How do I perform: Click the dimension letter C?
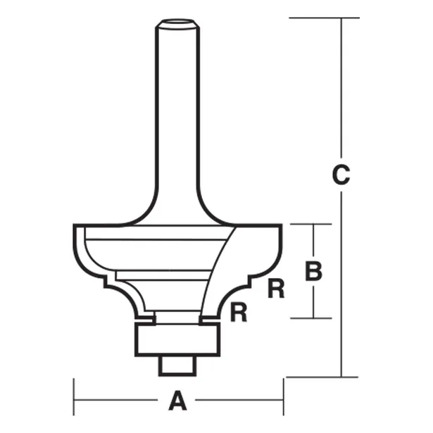(x=340, y=175)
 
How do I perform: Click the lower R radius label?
(x=239, y=312)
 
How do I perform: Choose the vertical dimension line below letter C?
(x=341, y=282)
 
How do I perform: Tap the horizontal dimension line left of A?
(x=120, y=402)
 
